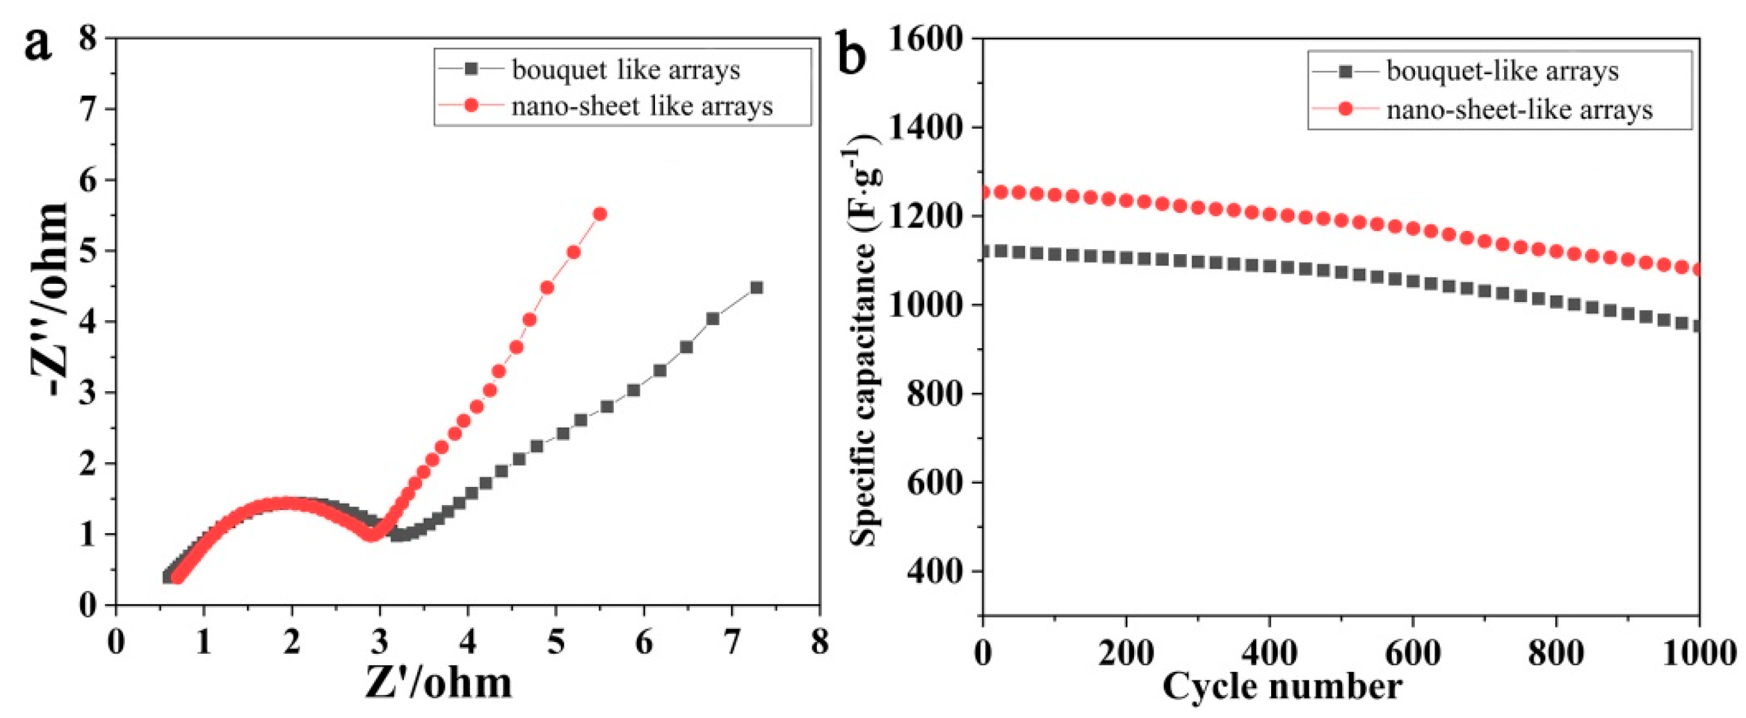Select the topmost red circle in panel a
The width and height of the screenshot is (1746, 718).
coord(600,214)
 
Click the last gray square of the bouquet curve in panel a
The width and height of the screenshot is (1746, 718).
coord(756,287)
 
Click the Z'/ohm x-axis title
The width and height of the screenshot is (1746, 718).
coord(438,683)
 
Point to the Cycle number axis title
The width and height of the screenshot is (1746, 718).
coord(1281,686)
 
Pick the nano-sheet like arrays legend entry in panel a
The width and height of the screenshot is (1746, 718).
coord(641,107)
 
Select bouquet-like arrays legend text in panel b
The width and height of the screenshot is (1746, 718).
coord(1502,71)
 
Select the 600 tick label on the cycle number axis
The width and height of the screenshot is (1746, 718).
coord(1412,654)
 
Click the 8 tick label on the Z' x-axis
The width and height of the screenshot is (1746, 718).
coord(819,642)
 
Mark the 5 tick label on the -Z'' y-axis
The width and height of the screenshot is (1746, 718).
coord(88,251)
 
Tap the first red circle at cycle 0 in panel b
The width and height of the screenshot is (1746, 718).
coord(984,193)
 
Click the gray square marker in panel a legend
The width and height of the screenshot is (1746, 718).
coord(471,69)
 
